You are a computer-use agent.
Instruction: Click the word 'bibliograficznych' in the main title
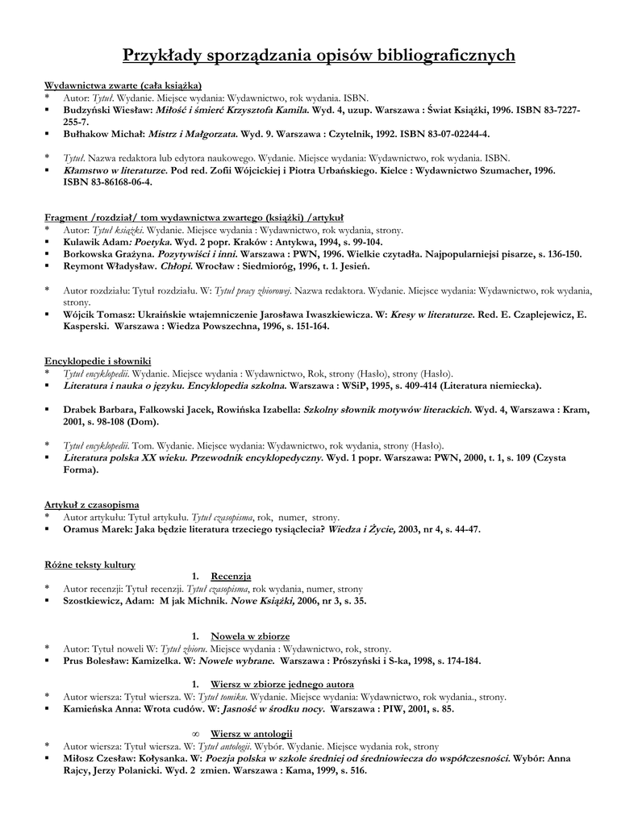tap(442, 55)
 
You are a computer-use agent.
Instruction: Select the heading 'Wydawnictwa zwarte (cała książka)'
tap(123, 85)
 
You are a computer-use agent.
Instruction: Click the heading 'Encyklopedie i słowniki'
tap(97, 361)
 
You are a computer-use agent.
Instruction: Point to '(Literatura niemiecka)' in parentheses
tap(488, 386)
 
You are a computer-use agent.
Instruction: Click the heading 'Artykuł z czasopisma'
tap(92, 504)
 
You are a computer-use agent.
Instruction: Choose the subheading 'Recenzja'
tap(231, 576)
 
